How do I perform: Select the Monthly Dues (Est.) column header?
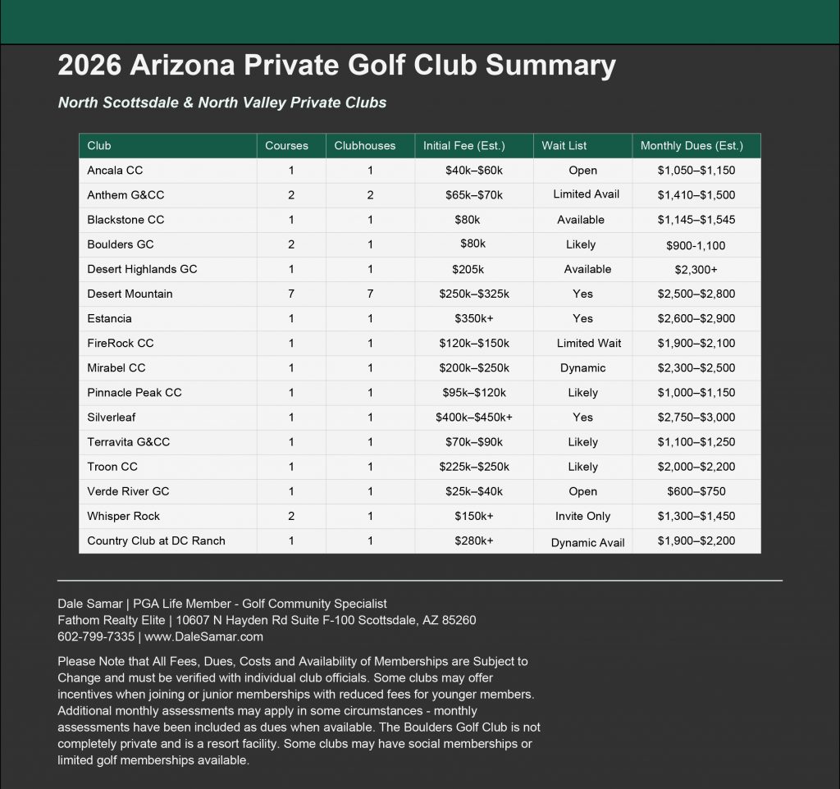tap(692, 146)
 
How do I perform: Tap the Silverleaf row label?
tap(112, 417)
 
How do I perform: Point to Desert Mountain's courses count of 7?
tap(291, 294)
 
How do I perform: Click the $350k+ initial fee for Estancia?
tap(473, 318)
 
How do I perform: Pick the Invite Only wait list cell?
tap(582, 516)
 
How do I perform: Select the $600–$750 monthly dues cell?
tap(696, 491)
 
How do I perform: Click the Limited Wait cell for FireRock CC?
tap(589, 343)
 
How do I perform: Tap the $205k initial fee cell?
tap(468, 269)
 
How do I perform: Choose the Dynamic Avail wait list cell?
tap(587, 542)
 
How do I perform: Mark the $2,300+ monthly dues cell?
tap(696, 269)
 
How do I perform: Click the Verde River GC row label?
tap(128, 491)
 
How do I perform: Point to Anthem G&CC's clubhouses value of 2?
tap(370, 195)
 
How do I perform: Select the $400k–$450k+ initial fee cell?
tap(474, 417)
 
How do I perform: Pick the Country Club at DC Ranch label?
tap(156, 540)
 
